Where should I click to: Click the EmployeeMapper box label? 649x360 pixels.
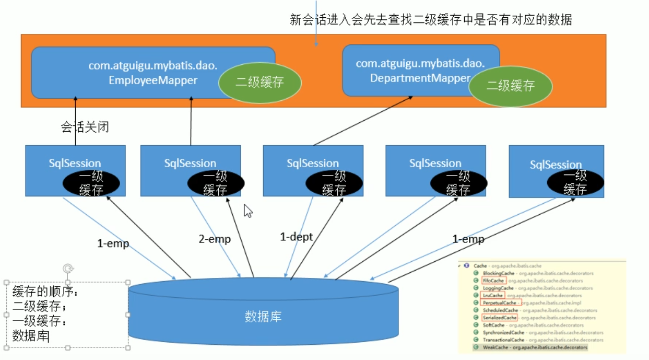pos(153,73)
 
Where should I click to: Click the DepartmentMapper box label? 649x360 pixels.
pos(420,71)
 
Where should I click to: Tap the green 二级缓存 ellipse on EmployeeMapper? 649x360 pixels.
pos(260,83)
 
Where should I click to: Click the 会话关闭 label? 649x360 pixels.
pos(85,127)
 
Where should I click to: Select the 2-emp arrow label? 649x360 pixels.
pos(215,239)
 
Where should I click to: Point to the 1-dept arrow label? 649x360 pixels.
pos(296,237)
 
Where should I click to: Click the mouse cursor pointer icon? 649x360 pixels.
pos(248,211)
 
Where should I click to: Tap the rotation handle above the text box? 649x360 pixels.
pos(67,269)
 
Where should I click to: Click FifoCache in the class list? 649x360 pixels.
pos(493,281)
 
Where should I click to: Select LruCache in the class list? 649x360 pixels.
pos(492,295)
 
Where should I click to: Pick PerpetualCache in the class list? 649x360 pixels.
pos(499,303)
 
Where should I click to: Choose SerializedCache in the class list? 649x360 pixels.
pos(500,317)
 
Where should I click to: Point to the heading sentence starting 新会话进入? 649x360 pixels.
pos(431,20)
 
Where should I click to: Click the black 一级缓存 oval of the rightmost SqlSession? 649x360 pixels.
pos(575,182)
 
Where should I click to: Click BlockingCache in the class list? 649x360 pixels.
pos(499,273)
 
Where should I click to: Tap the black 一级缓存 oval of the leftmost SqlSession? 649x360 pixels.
pos(91,183)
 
